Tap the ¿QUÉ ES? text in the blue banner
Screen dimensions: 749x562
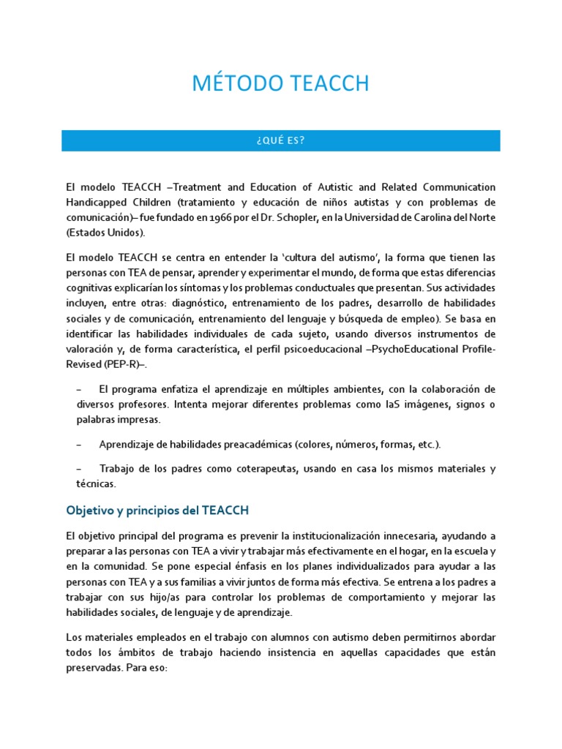(x=281, y=141)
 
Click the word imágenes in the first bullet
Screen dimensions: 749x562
(x=417, y=405)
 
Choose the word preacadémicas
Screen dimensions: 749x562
(x=252, y=445)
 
